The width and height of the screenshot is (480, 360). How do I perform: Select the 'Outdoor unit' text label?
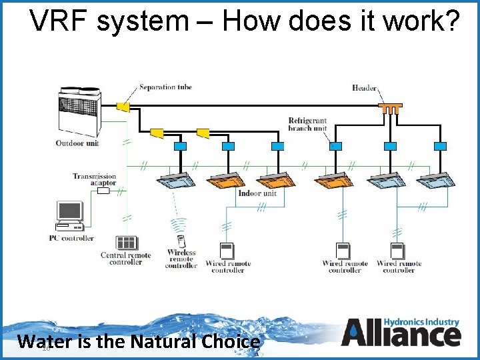point(77,143)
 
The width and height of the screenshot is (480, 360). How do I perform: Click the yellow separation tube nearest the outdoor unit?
point(123,106)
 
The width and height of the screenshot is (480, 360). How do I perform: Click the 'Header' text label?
point(364,88)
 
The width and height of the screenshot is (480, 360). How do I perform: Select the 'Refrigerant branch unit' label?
point(307,124)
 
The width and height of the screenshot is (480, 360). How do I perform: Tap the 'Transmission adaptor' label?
point(95,180)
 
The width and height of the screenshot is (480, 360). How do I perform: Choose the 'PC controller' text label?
point(71,238)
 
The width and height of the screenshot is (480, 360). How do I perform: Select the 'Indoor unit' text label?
point(257,193)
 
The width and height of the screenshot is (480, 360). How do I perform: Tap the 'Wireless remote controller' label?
point(181,259)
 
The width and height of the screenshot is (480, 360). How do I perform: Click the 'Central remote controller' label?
point(125,259)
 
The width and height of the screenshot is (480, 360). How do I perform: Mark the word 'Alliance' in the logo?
point(401,335)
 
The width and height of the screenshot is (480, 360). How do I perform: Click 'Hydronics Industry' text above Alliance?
point(423,322)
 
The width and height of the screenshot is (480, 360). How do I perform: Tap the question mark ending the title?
point(451,21)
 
